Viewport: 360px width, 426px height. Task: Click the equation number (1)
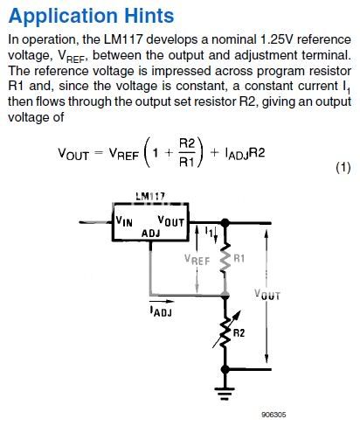click(343, 168)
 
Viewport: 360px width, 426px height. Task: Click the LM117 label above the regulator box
click(151, 196)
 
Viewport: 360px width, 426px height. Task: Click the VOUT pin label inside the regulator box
click(170, 221)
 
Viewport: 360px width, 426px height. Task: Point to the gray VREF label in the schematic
click(197, 260)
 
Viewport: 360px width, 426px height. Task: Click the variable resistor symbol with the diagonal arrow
click(225, 333)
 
